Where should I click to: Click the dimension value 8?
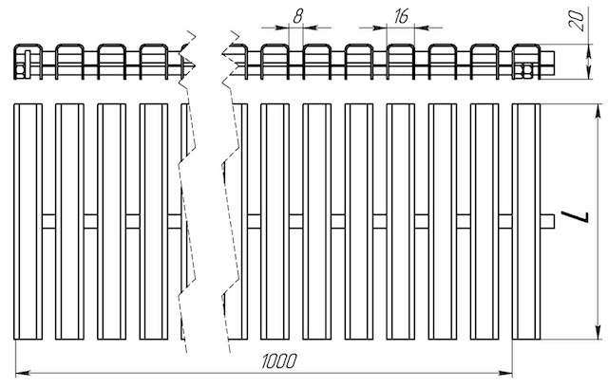click(297, 17)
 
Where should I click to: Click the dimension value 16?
click(401, 17)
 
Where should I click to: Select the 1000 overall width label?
click(279, 361)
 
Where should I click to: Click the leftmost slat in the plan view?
click(28, 221)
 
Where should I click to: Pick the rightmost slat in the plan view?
click(526, 221)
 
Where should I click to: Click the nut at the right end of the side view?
click(526, 71)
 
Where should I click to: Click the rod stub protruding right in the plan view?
click(547, 221)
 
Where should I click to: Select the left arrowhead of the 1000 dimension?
click(23, 373)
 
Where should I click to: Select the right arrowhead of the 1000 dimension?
click(504, 373)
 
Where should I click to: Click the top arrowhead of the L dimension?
click(598, 111)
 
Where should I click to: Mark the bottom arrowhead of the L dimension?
click(598, 332)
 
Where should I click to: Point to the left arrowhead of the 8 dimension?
click(282, 28)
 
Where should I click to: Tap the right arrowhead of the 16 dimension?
click(422, 28)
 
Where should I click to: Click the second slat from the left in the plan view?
click(69, 221)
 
